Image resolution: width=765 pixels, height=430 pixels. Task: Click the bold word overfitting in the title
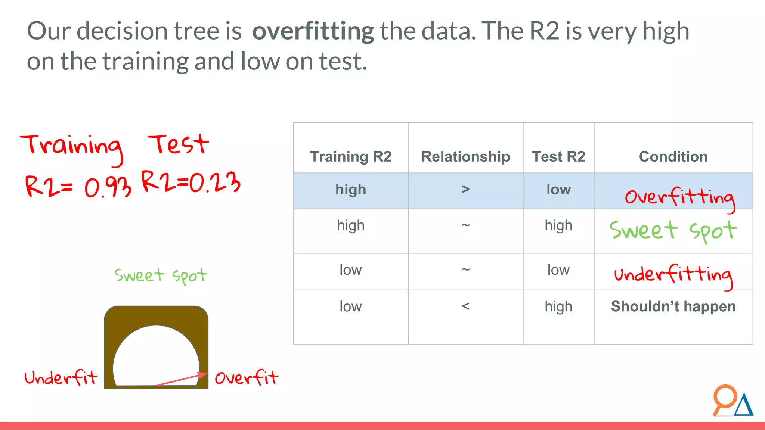[313, 31]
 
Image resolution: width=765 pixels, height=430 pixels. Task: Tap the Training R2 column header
[350, 156]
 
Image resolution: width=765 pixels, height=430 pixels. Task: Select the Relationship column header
[465, 156]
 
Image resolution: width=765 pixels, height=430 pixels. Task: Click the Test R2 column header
[558, 156]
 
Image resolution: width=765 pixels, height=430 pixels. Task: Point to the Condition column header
[673, 156]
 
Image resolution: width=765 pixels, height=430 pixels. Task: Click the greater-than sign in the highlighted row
[465, 190]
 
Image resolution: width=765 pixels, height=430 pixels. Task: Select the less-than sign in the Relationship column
[465, 306]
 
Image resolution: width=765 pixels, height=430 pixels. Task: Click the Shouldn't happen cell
[673, 306]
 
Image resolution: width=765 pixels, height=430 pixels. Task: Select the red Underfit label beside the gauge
[61, 378]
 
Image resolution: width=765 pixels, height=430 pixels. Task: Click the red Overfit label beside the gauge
[247, 378]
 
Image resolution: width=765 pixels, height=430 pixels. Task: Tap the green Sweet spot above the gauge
[161, 276]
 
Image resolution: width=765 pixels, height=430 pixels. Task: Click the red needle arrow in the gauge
[182, 379]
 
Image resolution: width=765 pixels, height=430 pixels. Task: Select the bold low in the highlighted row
[558, 190]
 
